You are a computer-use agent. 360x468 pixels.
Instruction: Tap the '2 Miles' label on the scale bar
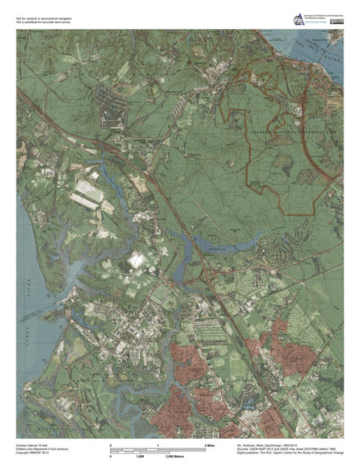(x=211, y=445)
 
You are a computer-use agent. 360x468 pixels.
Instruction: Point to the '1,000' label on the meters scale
(x=139, y=456)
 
